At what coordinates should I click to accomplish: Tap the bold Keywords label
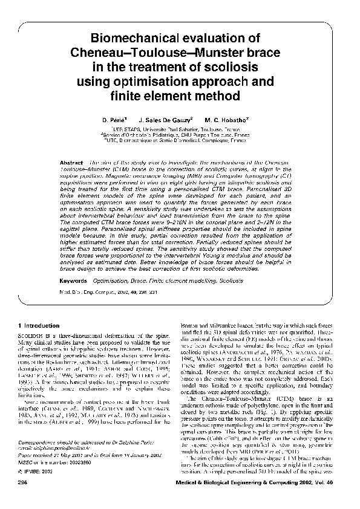76,282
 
